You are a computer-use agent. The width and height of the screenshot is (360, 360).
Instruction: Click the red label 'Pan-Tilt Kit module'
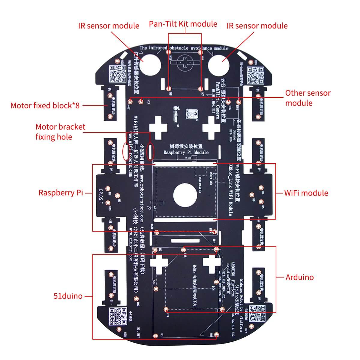coord(183,24)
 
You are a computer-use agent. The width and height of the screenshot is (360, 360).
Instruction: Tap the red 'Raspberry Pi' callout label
coord(61,193)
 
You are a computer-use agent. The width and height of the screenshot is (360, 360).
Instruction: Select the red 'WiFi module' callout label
coord(306,193)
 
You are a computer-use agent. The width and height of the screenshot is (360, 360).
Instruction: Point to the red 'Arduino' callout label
coord(299,277)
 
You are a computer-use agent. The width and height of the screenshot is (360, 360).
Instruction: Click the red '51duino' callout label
coord(68,296)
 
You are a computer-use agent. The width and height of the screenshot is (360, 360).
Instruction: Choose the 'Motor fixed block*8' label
coord(45,106)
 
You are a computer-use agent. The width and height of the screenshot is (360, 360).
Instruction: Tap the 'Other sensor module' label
coord(307,98)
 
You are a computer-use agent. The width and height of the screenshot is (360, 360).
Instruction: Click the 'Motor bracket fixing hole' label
coord(60,132)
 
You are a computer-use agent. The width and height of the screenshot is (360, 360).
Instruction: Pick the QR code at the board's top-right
coord(256,75)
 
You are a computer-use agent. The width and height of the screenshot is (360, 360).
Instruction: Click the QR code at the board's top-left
coord(117,74)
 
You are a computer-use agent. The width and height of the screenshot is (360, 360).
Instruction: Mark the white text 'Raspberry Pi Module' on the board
coord(186,152)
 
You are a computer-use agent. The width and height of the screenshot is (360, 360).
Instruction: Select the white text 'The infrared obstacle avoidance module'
coord(184,48)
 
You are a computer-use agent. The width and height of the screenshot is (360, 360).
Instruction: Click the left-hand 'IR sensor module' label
coord(109,26)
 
